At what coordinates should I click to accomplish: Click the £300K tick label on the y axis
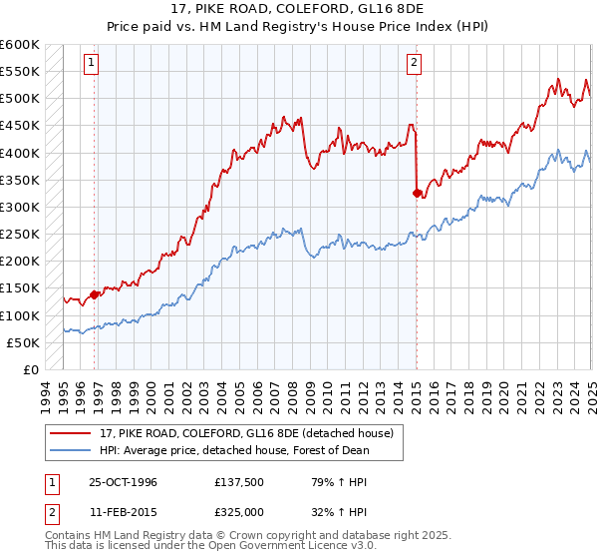(20, 208)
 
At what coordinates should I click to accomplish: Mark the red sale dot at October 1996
(95, 294)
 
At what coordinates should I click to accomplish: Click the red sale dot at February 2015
(417, 193)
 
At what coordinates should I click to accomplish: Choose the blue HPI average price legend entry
(232, 450)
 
